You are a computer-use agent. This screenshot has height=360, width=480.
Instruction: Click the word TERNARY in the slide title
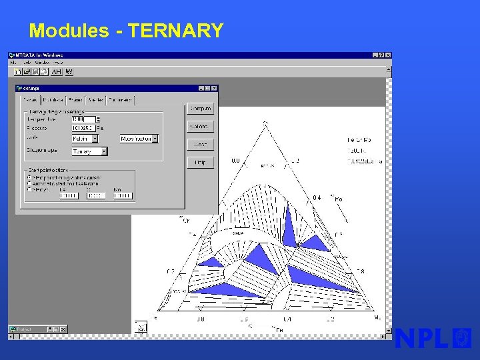pyautogui.click(x=175, y=31)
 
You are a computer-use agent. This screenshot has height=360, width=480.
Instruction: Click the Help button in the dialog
pyautogui.click(x=200, y=162)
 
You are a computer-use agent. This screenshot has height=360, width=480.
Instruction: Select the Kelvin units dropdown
pyautogui.click(x=85, y=139)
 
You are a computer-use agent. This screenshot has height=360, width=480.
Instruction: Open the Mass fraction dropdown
pyautogui.click(x=139, y=139)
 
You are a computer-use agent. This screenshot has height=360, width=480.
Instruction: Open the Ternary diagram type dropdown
pyautogui.click(x=89, y=151)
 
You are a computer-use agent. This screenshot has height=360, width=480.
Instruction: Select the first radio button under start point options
pyautogui.click(x=29, y=177)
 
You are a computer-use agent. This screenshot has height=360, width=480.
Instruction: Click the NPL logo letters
pyautogui.click(x=421, y=339)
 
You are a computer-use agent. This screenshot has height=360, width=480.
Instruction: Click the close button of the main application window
pyautogui.click(x=388, y=55)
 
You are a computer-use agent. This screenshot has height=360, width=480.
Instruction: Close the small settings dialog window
pyautogui.click(x=215, y=88)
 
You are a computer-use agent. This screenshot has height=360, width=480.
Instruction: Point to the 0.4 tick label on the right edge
pyautogui.click(x=317, y=198)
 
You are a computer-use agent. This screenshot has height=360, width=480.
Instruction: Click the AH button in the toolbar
pyautogui.click(x=57, y=71)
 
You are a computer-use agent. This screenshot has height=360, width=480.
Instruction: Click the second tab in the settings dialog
pyautogui.click(x=53, y=100)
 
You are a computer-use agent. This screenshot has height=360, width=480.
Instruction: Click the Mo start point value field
pyautogui.click(x=123, y=196)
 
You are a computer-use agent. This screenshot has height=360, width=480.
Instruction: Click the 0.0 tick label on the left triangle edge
pyautogui.click(x=235, y=161)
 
